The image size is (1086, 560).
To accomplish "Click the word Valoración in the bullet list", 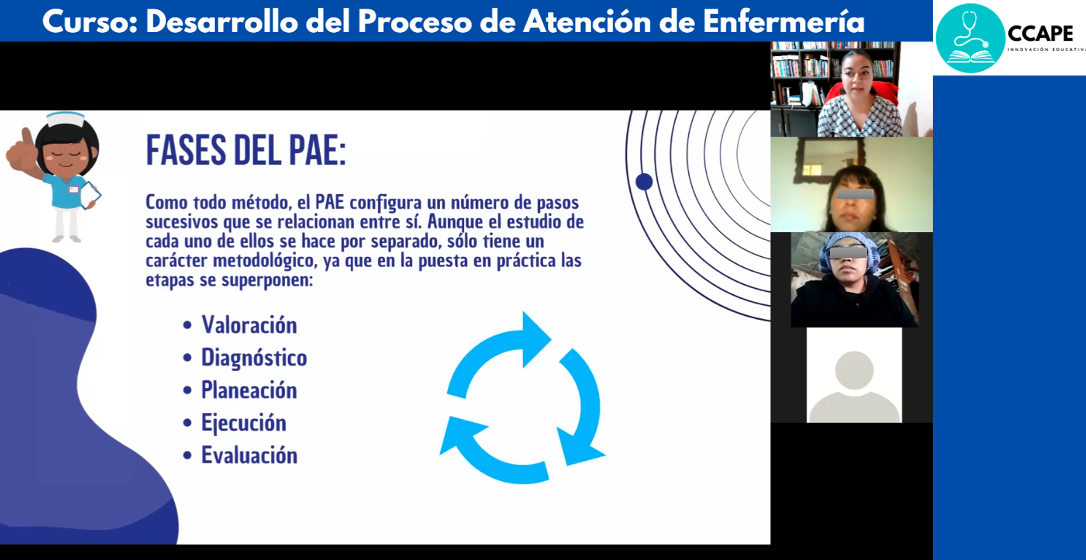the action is point(249,325).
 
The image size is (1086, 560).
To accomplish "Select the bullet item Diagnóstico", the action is point(254,358).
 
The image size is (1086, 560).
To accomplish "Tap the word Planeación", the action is point(249,391).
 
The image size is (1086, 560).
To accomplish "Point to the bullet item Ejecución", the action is point(243,423).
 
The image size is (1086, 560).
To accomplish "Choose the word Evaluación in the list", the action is point(249,455).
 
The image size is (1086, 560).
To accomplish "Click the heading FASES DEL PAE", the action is point(245,150).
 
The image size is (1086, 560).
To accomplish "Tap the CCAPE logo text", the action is point(1040,33).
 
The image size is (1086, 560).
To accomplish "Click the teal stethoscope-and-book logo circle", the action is point(970,38).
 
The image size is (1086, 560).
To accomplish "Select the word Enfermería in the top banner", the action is point(783,22).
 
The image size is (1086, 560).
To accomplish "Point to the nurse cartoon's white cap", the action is point(65,119).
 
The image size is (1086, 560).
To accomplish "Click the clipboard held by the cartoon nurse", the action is point(90,195).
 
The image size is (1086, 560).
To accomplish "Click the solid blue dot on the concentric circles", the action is point(644,182).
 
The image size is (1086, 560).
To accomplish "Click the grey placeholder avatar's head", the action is point(854,370).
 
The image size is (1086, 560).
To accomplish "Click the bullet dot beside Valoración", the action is point(187,325).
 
